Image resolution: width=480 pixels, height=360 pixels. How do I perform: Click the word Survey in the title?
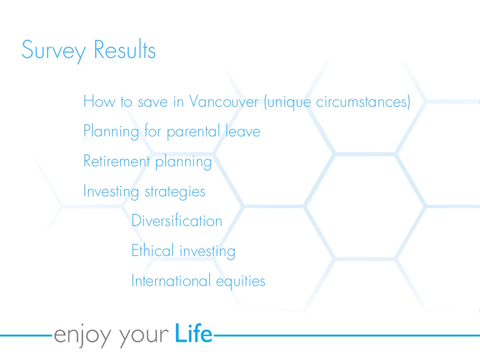(x=54, y=51)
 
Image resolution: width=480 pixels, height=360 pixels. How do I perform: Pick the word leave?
(x=243, y=131)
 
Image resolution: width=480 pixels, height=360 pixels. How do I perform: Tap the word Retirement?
(x=117, y=161)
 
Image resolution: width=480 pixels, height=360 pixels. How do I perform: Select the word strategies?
(x=175, y=192)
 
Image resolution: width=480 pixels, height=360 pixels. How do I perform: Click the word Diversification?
(x=177, y=220)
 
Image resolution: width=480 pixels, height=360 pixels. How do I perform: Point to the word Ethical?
(x=152, y=250)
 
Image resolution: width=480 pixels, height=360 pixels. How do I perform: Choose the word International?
(x=171, y=280)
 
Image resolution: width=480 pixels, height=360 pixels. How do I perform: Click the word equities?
(x=240, y=282)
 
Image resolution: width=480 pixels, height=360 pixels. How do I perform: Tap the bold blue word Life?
(x=194, y=333)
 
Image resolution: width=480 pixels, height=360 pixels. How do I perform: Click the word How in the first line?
(x=100, y=101)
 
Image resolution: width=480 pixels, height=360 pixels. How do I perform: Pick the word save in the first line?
(x=153, y=102)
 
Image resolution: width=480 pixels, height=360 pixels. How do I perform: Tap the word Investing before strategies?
(x=111, y=192)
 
